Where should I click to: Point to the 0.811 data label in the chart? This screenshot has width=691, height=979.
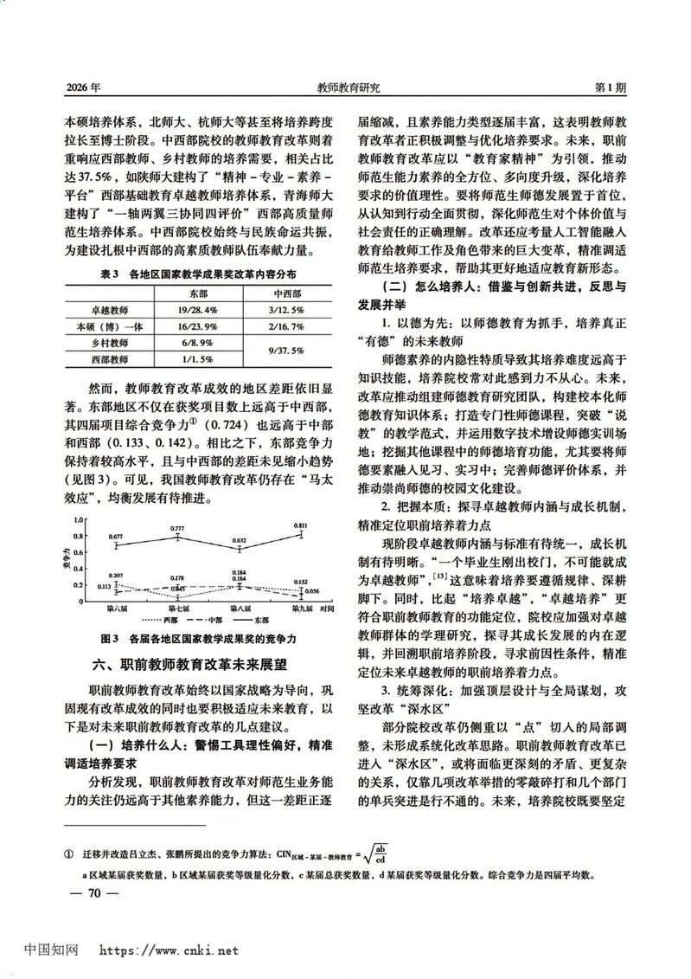point(300,525)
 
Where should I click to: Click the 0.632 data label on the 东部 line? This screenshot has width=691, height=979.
point(240,539)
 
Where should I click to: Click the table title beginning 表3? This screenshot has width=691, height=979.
point(199,274)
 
